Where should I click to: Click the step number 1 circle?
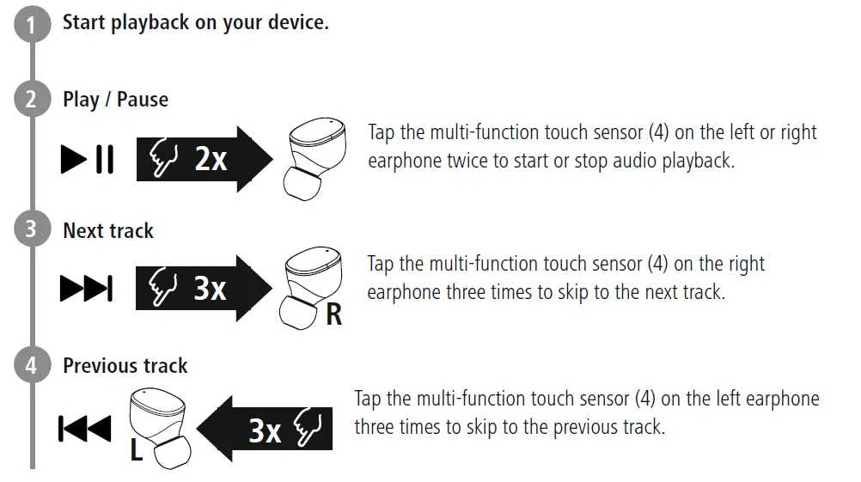pos(32,25)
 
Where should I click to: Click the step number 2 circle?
pos(32,101)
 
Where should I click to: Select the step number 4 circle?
pos(32,367)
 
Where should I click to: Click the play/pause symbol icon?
pos(87,160)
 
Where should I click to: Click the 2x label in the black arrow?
pos(210,159)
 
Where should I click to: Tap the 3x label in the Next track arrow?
pos(209,290)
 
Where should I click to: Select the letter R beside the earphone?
pos(333,315)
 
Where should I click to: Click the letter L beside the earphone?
pos(136,449)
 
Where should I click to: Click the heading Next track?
pos(108,231)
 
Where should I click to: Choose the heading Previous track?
pos(125,366)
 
